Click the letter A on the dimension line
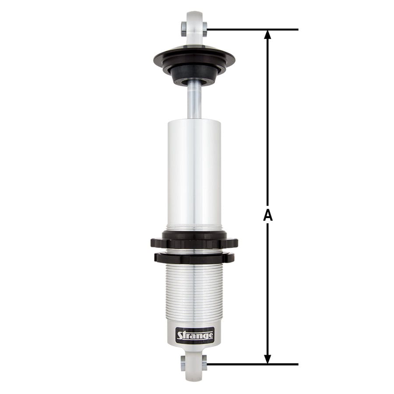point(268,215)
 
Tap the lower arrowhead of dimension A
point(268,358)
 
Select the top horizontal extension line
point(254,29)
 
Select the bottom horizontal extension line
point(254,364)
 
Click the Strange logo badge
point(195,336)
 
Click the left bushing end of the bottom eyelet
point(183,362)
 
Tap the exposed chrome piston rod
point(194,101)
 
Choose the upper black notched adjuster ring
point(194,241)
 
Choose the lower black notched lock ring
point(194,258)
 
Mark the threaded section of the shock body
point(194,293)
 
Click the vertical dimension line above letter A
point(268,123)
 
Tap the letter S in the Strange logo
point(180,336)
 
